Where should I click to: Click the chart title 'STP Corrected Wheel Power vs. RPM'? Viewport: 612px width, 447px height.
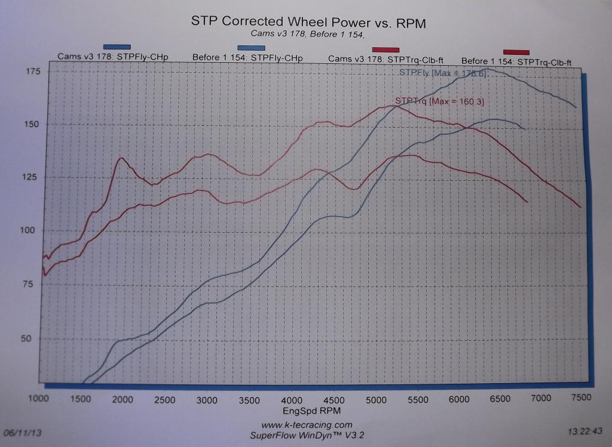[x=308, y=21]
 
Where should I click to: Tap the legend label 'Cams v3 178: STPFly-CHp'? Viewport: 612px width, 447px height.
[x=113, y=57]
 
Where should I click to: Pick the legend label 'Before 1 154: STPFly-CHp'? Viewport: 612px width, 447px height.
[x=247, y=57]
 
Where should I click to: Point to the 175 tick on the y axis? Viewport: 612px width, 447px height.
[x=32, y=71]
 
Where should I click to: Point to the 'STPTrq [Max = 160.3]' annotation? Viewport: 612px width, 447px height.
[x=439, y=102]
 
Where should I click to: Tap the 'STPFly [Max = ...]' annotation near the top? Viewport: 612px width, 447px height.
[x=442, y=73]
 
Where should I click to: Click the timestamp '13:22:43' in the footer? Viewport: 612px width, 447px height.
[x=586, y=430]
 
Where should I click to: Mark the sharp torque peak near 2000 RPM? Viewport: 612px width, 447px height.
[x=121, y=158]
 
